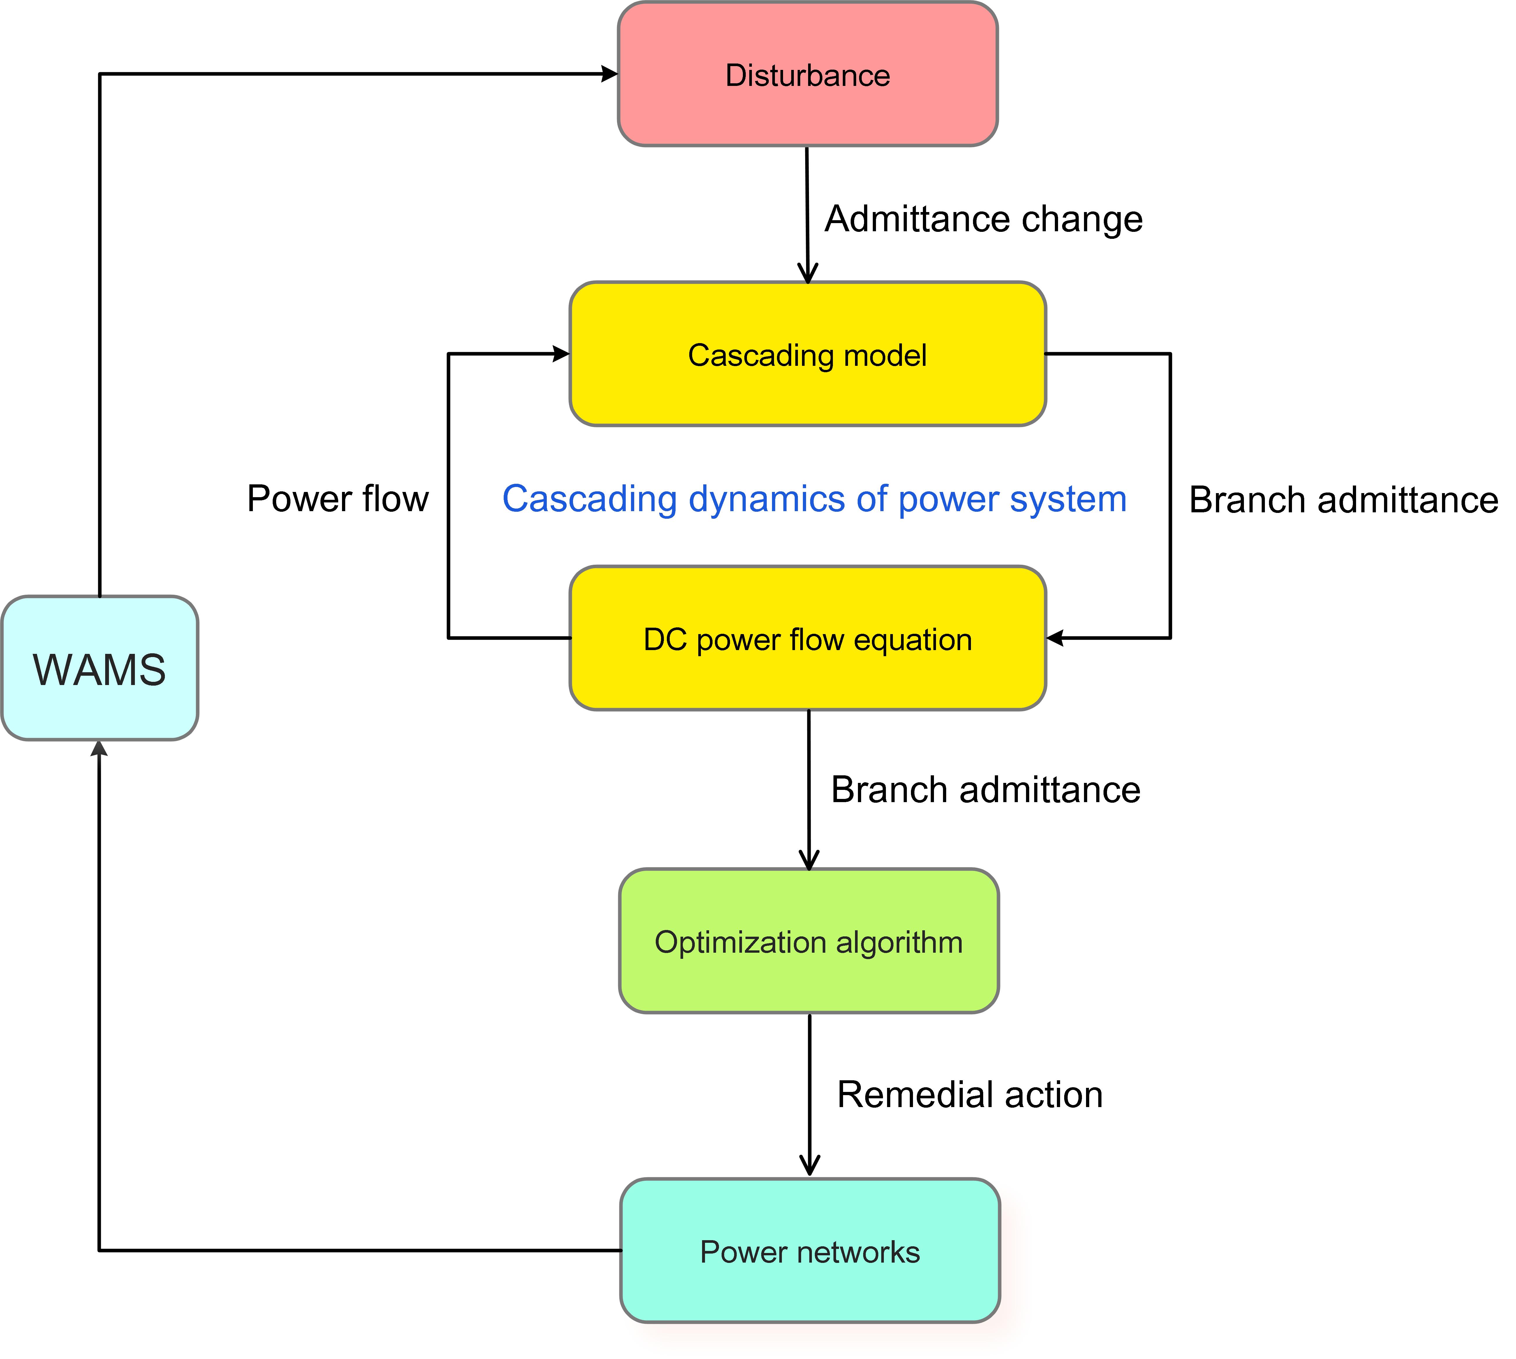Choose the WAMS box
point(99,668)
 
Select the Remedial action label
point(969,1095)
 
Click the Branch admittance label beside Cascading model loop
point(1344,500)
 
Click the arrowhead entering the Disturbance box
point(609,74)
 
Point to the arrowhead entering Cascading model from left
point(561,354)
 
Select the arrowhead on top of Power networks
point(810,1166)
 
